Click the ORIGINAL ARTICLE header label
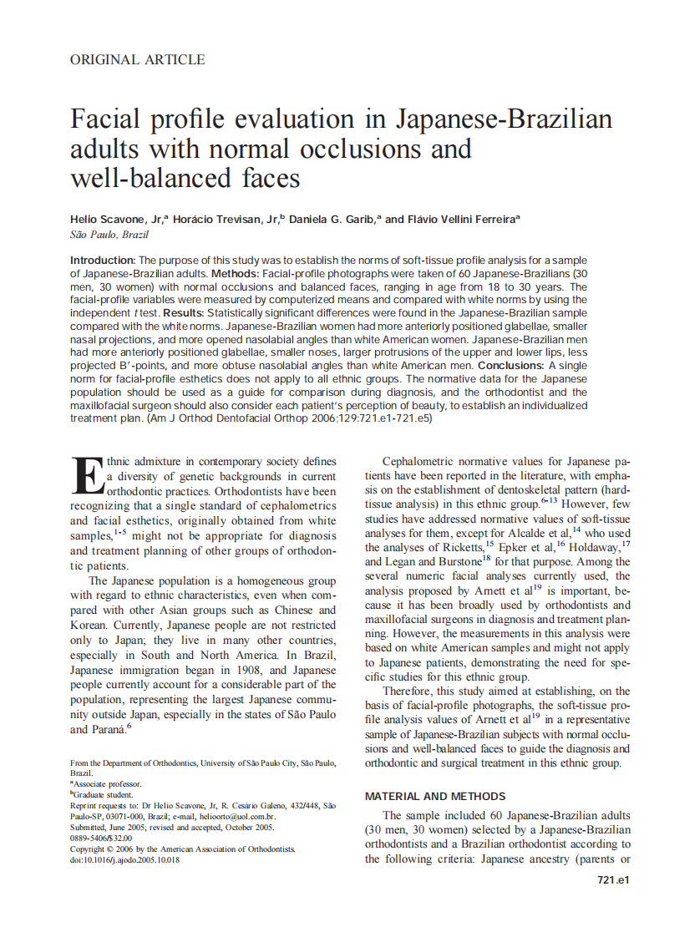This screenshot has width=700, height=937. [137, 59]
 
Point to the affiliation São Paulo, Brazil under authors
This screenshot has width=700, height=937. [109, 235]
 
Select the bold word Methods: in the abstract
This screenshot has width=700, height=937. [238, 274]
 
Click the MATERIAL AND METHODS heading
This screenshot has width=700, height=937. [435, 796]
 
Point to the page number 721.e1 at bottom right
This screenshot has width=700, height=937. [614, 880]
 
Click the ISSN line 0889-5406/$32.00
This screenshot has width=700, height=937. [101, 838]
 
